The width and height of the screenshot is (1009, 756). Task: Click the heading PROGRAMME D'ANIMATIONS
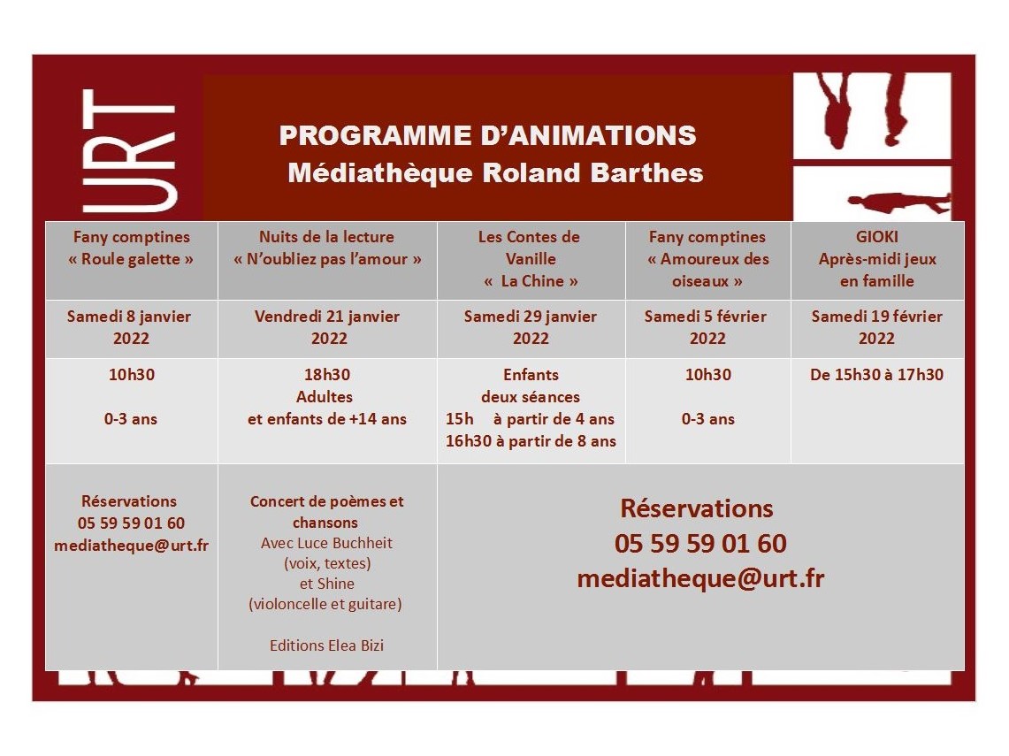point(487,136)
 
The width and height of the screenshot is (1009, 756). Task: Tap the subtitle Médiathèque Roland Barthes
point(495,173)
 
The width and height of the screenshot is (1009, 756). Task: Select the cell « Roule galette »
point(131,259)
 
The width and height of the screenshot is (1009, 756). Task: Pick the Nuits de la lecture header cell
point(327,248)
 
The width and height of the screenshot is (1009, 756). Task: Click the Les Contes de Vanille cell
point(531,259)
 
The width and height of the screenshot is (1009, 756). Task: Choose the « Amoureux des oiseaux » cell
point(707,270)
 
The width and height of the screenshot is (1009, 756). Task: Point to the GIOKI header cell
point(877,259)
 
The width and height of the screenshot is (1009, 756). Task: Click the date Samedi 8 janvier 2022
point(131,327)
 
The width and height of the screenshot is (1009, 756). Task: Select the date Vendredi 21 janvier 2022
point(327,327)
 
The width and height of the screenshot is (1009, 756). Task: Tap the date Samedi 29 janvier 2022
point(531,327)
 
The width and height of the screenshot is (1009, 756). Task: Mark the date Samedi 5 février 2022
point(707,327)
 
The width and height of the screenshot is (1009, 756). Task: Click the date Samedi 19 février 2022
point(877,327)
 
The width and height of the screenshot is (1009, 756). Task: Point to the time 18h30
point(327,375)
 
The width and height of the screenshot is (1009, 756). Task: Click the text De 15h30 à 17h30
point(877,375)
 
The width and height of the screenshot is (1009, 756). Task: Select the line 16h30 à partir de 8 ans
point(531,441)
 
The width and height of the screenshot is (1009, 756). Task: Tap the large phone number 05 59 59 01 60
point(700,544)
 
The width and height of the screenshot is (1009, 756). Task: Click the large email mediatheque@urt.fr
point(700,578)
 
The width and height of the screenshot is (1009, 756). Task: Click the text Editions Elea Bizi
point(327,645)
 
